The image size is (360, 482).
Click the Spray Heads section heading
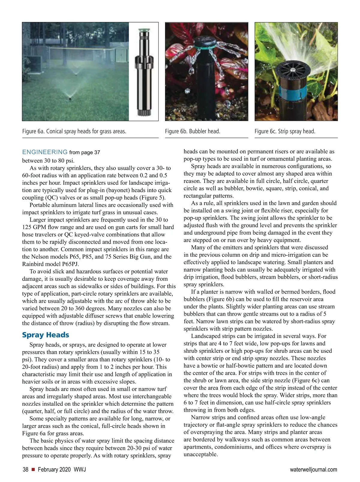pos(46,335)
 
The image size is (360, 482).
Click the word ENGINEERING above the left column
pos(45,152)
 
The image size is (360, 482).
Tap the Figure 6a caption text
pos(74,131)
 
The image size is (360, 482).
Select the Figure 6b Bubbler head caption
pos(192,131)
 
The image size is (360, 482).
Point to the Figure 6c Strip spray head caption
pos(285,131)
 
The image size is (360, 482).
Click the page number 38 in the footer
pos(25,470)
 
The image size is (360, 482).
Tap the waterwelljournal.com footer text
pos(313,470)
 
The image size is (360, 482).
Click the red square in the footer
pos(33,470)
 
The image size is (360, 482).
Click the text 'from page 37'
pos(85,152)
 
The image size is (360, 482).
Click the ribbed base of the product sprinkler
pos(143,112)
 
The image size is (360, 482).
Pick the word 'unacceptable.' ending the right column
pos(200,454)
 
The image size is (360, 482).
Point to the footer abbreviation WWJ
pos(80,470)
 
